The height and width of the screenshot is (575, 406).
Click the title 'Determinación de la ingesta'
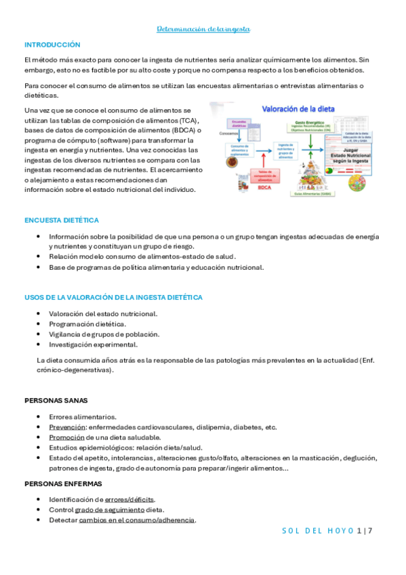[203, 29]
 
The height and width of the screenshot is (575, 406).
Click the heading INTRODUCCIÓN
[52, 44]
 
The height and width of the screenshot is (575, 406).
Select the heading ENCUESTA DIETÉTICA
[61, 220]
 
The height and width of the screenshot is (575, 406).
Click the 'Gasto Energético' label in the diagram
[311, 122]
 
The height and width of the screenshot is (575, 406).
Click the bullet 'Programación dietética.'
[87, 324]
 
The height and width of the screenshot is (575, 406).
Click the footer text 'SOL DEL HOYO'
[317, 530]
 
